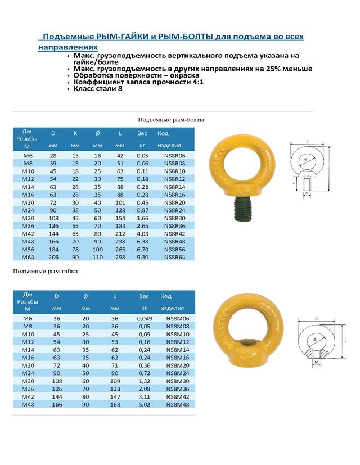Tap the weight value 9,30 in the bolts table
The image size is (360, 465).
[142, 256]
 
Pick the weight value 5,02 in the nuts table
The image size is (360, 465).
[143, 404]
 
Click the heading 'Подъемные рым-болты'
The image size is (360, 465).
[171, 120]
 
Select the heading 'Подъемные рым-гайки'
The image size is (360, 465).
[45, 271]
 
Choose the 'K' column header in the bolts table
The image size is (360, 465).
[75, 133]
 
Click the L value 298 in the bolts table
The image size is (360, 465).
[120, 256]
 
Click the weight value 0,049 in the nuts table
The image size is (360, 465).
[143, 318]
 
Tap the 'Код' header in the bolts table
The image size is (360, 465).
[163, 133]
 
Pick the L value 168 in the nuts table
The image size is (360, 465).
[115, 404]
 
